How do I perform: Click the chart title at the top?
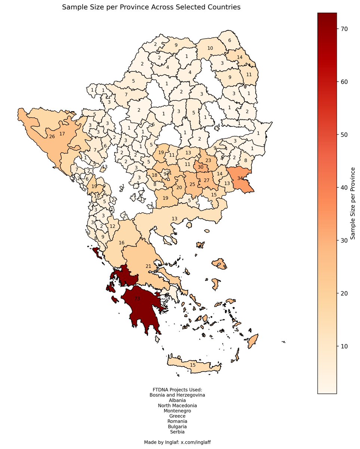point(151,7)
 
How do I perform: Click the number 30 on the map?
point(201,167)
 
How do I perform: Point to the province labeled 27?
point(207,180)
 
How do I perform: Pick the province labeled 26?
point(52,137)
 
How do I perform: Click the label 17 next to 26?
point(62,134)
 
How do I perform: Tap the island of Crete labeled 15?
point(193,365)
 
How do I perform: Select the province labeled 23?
point(208,160)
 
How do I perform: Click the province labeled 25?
point(192,184)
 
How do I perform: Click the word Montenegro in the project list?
point(177,410)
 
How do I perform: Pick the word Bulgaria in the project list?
point(177,426)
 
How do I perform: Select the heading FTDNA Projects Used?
point(177,390)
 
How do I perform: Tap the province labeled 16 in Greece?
point(121,243)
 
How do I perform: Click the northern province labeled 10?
point(210,48)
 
